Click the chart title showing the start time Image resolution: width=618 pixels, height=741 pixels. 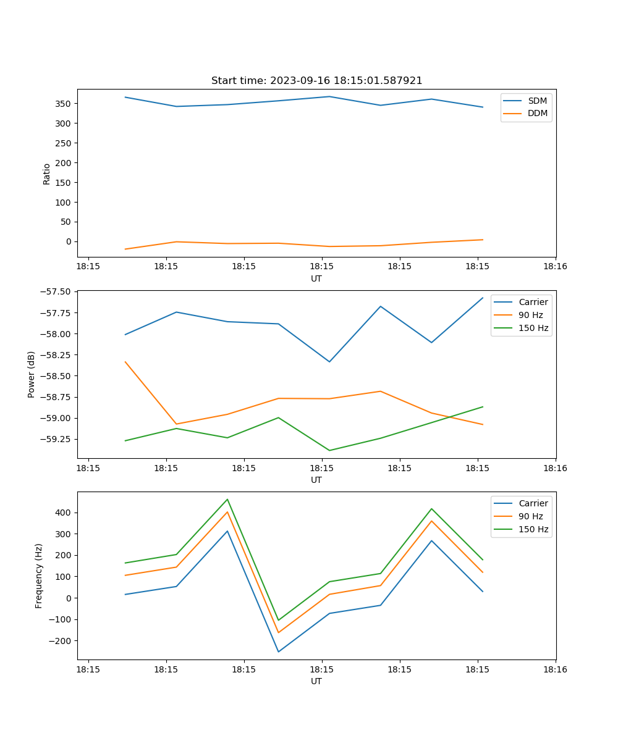coord(316,81)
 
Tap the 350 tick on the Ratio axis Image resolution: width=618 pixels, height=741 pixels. coord(64,104)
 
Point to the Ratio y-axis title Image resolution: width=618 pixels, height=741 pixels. coord(47,174)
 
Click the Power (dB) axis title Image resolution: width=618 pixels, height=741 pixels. coord(32,374)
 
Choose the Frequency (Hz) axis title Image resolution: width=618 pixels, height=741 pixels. coord(39,576)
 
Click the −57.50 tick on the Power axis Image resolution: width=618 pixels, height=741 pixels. coord(55,292)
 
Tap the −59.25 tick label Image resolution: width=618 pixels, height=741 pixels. coord(55,439)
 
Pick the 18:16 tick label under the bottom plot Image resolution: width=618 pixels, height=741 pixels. coord(555,669)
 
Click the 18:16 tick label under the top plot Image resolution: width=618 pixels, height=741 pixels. coord(555,267)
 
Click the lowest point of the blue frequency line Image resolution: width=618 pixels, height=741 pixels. coord(278,651)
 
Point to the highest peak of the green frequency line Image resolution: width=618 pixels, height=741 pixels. coord(227,500)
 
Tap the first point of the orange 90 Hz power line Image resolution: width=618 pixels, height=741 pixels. coord(125,362)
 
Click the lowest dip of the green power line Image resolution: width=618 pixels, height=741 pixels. coord(329,450)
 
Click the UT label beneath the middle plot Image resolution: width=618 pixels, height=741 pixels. coord(316,480)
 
